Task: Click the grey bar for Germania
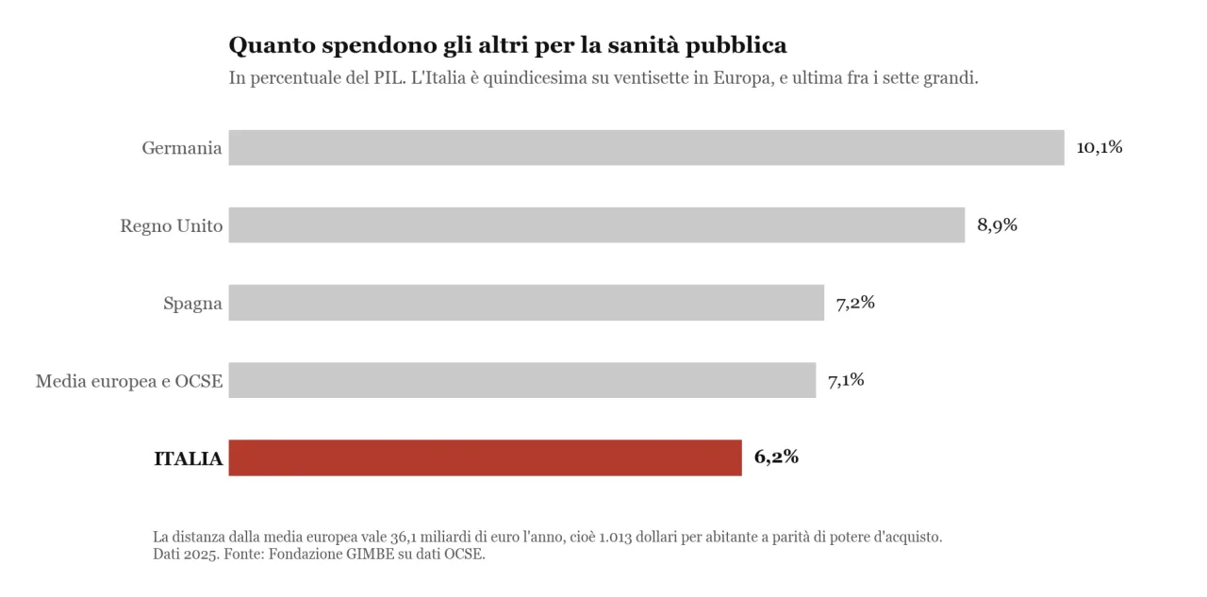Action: [x=646, y=148]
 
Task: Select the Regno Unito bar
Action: [x=597, y=225]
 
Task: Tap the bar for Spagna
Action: [x=526, y=303]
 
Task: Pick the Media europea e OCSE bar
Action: [x=522, y=380]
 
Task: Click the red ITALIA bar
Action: [x=485, y=458]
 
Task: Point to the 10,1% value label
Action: [x=1100, y=147]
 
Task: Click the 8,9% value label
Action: [x=997, y=224]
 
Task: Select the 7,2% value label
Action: [x=855, y=302]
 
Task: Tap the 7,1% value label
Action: [x=846, y=380]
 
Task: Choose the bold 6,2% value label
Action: [x=776, y=456]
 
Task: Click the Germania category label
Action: [x=182, y=148]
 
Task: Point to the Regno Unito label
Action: [x=172, y=225]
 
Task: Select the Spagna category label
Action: [x=192, y=304]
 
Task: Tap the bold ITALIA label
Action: [x=188, y=458]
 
